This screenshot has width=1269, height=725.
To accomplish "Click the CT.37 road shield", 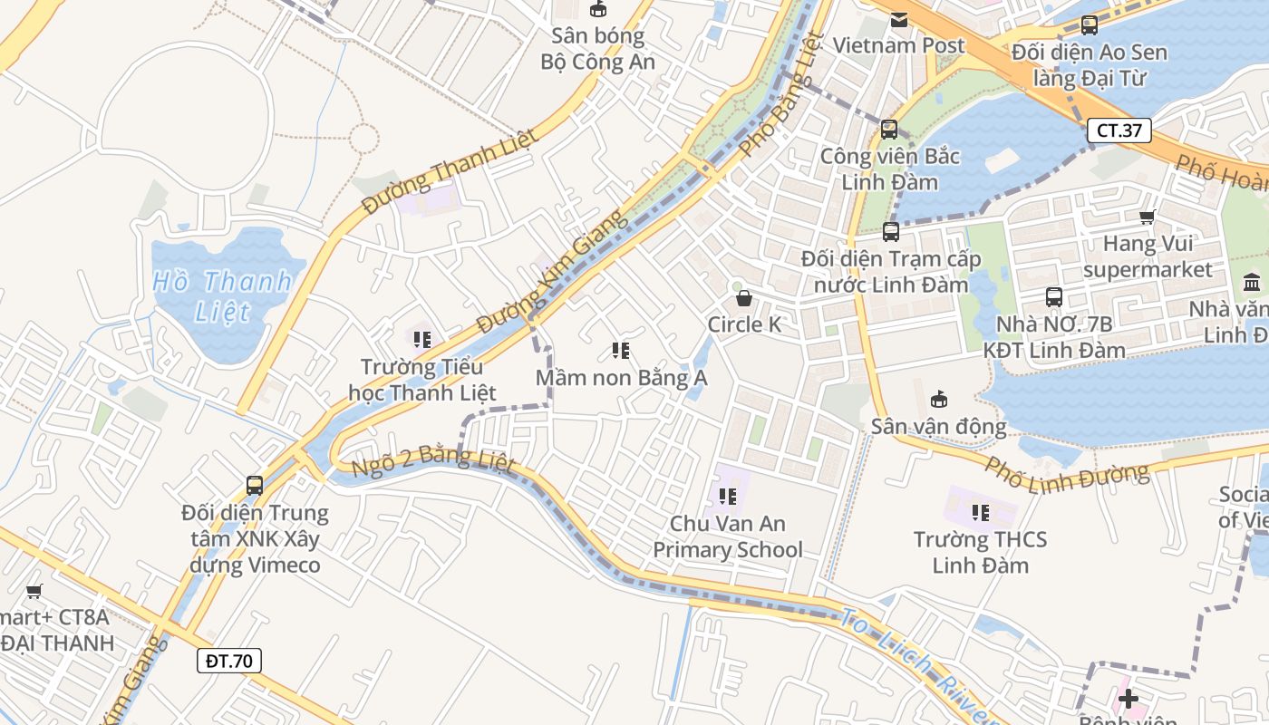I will tap(1119, 130).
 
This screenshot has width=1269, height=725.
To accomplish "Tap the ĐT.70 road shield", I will tap(229, 661).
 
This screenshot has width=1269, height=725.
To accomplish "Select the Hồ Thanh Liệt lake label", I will tap(222, 295).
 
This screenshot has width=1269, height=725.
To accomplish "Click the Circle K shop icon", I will tap(744, 297).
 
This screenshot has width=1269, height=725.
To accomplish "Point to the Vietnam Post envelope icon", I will tap(899, 20).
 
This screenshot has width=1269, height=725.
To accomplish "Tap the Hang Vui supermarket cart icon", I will tap(1148, 217).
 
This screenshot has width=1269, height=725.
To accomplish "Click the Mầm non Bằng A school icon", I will tap(621, 350).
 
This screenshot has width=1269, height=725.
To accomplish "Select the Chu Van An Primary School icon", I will tap(727, 496).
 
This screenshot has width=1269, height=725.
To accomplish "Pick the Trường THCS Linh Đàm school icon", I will tap(980, 513).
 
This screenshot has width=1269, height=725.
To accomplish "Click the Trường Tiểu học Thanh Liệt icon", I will tap(421, 340).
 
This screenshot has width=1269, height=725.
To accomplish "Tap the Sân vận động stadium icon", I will tap(939, 399).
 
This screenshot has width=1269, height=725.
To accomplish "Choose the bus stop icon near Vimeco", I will tap(255, 485).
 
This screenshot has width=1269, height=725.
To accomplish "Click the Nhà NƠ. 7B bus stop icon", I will tap(1053, 296).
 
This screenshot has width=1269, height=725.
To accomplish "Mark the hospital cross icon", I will tap(1128, 699).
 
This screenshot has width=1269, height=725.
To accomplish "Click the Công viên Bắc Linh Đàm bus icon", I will tap(888, 129).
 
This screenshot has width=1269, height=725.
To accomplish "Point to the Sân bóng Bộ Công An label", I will tap(597, 49).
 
